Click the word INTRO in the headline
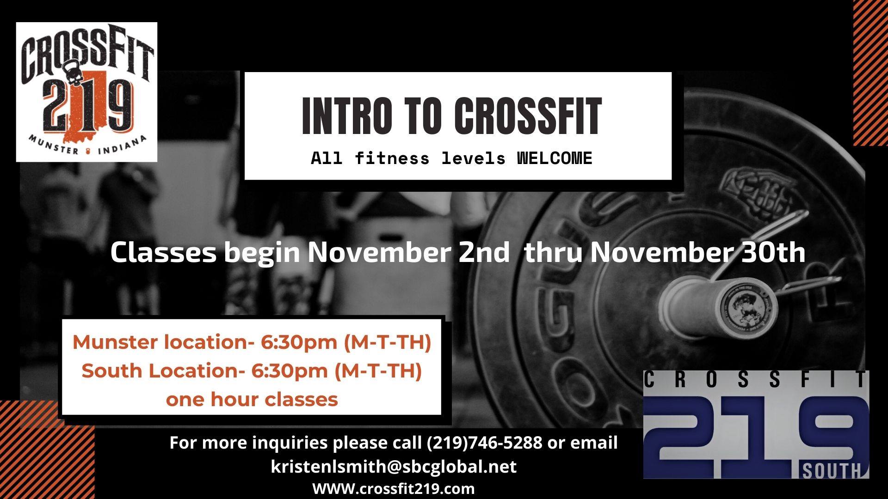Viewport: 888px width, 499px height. [x=346, y=116]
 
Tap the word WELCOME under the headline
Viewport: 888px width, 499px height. [x=554, y=158]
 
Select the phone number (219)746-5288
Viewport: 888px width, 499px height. [x=484, y=443]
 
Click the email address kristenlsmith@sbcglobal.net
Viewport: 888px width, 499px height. [x=394, y=466]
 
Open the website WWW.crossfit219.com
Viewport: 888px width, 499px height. [x=394, y=488]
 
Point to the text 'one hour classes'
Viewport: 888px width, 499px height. [x=252, y=399]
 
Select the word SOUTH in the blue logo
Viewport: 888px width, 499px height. [x=831, y=471]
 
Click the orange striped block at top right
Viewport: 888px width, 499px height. [x=870, y=73]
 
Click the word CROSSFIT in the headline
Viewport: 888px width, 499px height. [x=527, y=116]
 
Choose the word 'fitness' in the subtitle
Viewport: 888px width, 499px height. [x=392, y=158]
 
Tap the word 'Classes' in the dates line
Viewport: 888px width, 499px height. [x=163, y=252]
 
